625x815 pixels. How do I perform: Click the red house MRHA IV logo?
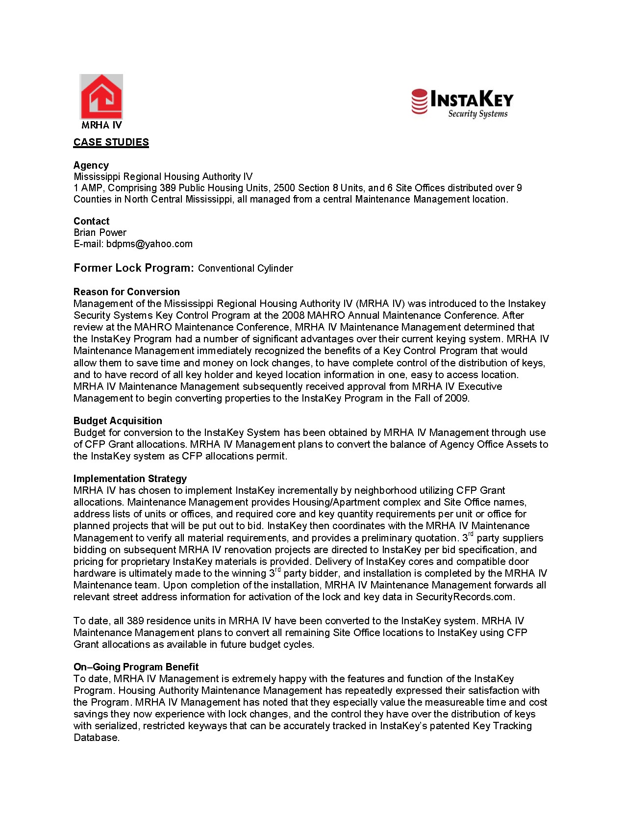click(x=101, y=97)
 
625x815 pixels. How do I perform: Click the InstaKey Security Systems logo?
click(x=462, y=103)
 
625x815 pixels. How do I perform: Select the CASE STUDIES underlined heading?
click(x=111, y=142)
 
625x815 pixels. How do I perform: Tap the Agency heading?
click(x=91, y=165)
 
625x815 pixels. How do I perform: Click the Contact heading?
click(x=91, y=221)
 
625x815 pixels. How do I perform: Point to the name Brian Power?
click(x=100, y=232)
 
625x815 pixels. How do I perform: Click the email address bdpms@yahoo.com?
click(x=149, y=244)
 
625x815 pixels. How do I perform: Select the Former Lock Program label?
click(x=134, y=268)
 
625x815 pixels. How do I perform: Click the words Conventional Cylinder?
click(x=245, y=269)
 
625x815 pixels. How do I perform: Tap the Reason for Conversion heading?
click(x=126, y=292)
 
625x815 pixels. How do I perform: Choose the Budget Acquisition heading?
click(x=118, y=421)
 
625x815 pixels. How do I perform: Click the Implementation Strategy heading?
click(x=130, y=479)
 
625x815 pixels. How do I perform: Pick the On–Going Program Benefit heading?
click(x=136, y=667)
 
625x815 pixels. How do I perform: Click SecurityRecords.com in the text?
click(x=464, y=597)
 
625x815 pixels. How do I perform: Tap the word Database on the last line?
click(x=96, y=738)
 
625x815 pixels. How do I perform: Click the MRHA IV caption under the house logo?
click(x=101, y=125)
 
